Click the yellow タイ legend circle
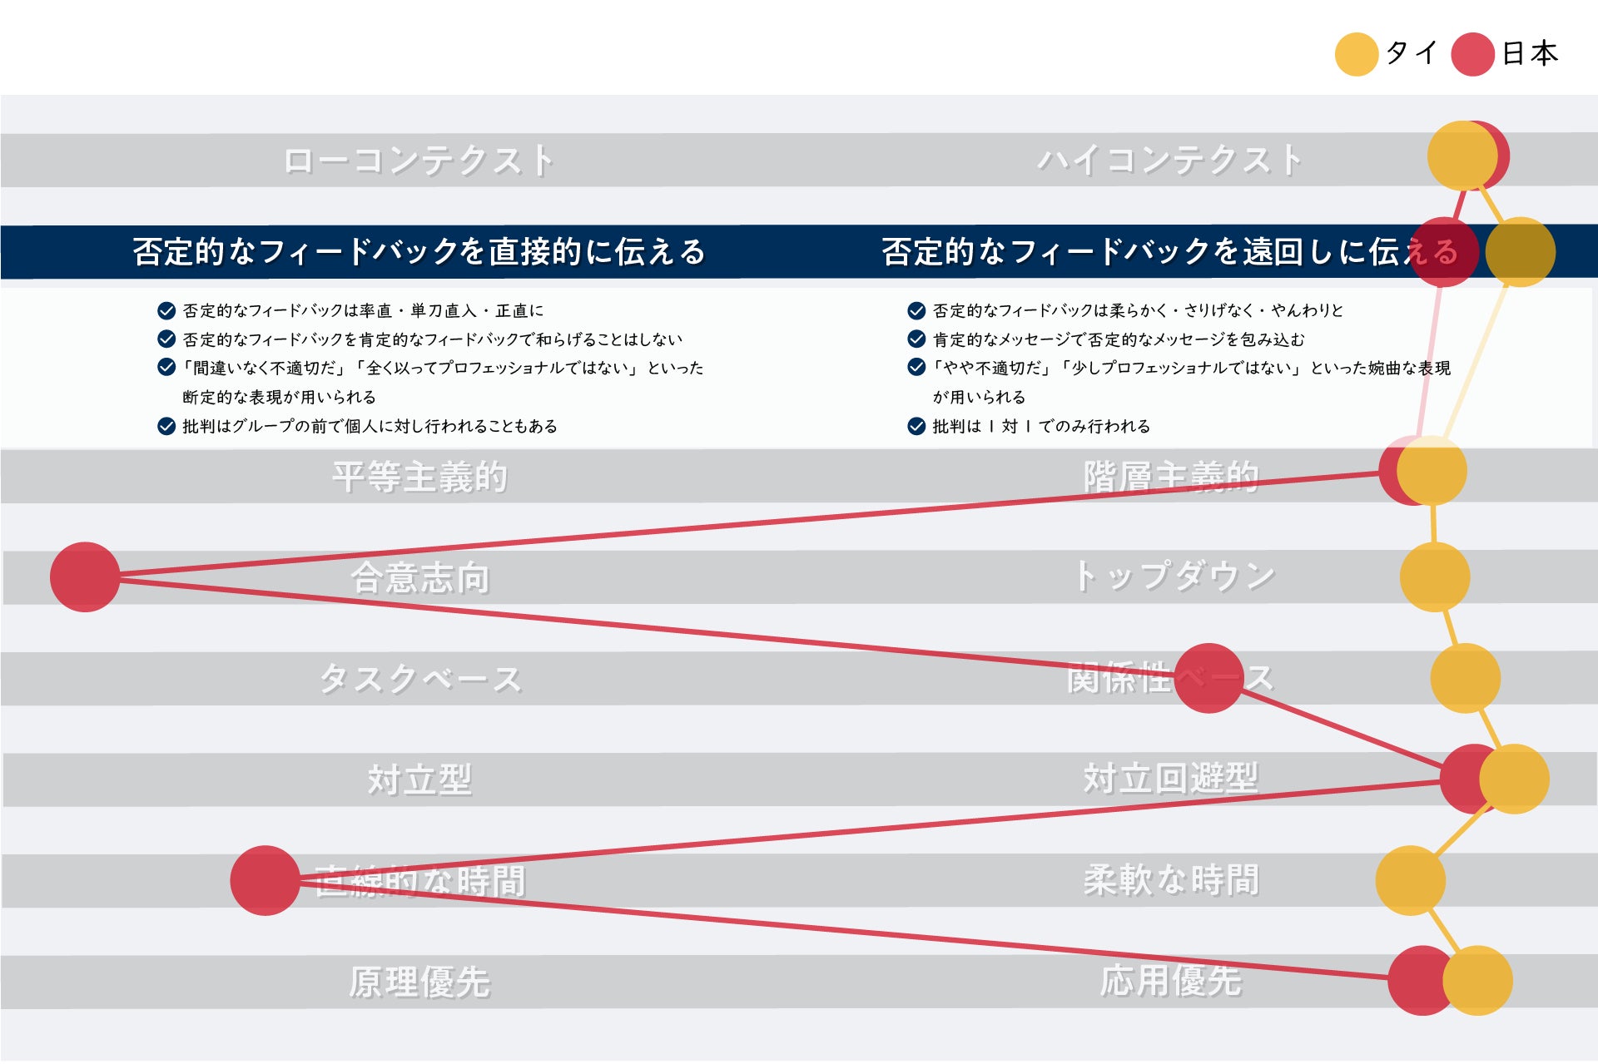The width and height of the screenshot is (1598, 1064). [1356, 54]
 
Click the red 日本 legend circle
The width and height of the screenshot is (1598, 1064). [1472, 54]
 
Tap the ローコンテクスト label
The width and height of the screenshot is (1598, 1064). [419, 161]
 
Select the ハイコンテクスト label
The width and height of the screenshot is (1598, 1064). [1170, 161]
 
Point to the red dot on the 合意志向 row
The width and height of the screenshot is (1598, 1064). [85, 577]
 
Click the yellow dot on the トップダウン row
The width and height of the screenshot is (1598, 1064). [1434, 577]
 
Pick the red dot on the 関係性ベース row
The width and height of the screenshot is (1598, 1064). [1208, 678]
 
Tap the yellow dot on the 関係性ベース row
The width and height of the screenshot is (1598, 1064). [1465, 678]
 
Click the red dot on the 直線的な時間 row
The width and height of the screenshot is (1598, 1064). [265, 880]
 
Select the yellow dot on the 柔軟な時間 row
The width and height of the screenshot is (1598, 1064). [1410, 880]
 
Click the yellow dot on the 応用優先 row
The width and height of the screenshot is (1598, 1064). [1477, 980]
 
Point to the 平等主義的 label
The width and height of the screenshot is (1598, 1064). [419, 477]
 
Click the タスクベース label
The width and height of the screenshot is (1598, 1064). [420, 679]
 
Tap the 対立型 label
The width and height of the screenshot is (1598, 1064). [419, 779]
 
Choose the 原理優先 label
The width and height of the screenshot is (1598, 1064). [419, 982]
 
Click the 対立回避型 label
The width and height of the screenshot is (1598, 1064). [1170, 779]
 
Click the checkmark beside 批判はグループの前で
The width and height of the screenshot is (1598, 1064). [166, 426]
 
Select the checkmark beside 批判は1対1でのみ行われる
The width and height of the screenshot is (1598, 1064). [916, 426]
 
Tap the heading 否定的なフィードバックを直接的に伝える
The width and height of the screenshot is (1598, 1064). [419, 251]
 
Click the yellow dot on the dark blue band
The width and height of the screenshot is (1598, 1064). [1521, 251]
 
